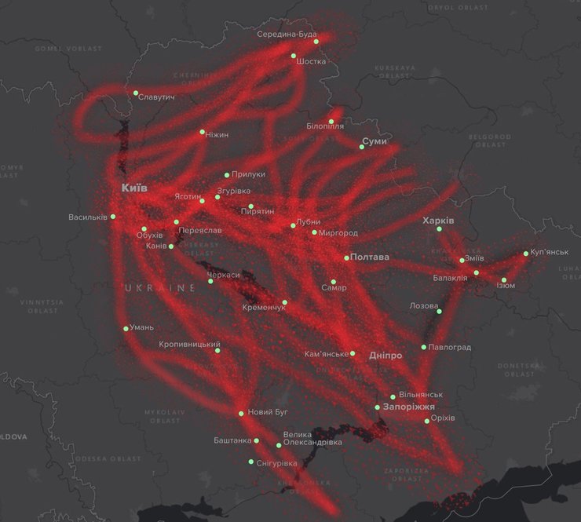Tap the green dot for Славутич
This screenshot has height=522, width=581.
[x=136, y=93]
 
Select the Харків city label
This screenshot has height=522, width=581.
[x=438, y=220]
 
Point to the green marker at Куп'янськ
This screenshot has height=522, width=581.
[x=526, y=254]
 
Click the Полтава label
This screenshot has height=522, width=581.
[x=370, y=257]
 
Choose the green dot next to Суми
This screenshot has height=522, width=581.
[x=362, y=146]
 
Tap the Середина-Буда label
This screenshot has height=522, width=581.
[x=287, y=35]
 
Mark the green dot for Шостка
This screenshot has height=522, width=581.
[x=294, y=56]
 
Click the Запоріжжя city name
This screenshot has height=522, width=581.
[x=409, y=407]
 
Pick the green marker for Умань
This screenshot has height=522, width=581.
[x=126, y=328]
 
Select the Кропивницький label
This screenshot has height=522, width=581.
[x=189, y=344]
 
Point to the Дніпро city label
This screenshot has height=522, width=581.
[x=385, y=356]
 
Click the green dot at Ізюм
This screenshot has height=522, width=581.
[x=504, y=280]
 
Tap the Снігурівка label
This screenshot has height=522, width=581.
[x=277, y=463]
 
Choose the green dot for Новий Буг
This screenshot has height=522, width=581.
[x=241, y=413]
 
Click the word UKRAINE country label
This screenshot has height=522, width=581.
[x=159, y=288]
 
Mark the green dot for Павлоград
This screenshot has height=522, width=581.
[x=424, y=347]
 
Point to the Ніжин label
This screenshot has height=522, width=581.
[x=217, y=134]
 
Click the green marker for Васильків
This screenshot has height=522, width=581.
[x=113, y=216]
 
